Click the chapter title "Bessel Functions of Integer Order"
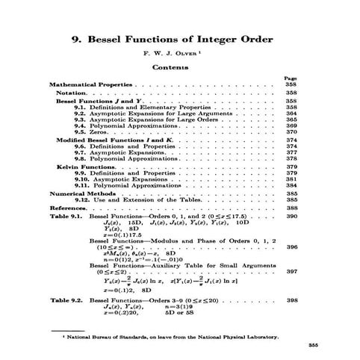click(x=180, y=40)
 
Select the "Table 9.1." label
click(x=66, y=216)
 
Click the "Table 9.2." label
click(x=66, y=300)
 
